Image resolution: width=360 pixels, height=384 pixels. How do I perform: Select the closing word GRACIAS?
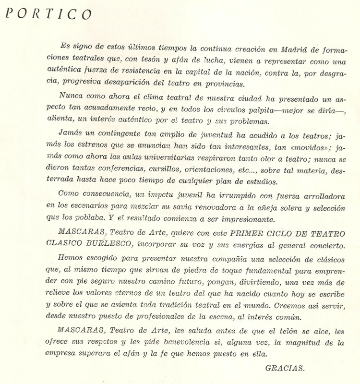point(285,368)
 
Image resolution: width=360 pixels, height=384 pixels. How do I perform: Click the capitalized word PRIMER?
point(247,234)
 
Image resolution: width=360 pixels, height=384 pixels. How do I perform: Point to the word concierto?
point(320,245)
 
